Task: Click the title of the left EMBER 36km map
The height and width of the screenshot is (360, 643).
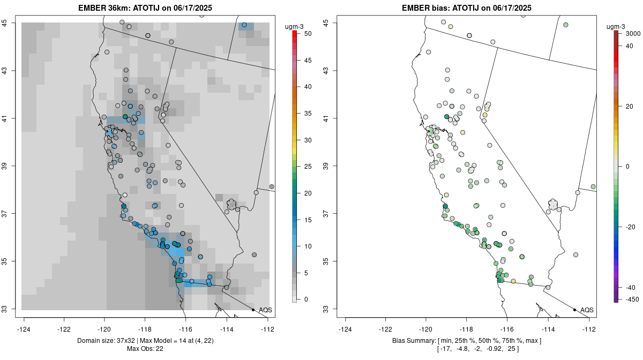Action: [148, 7]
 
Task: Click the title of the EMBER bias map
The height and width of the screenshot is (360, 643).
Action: [467, 7]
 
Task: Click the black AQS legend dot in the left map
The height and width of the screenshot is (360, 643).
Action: [253, 310]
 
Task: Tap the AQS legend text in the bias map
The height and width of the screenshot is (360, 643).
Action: [587, 310]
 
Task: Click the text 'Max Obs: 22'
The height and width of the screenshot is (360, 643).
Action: [145, 349]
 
